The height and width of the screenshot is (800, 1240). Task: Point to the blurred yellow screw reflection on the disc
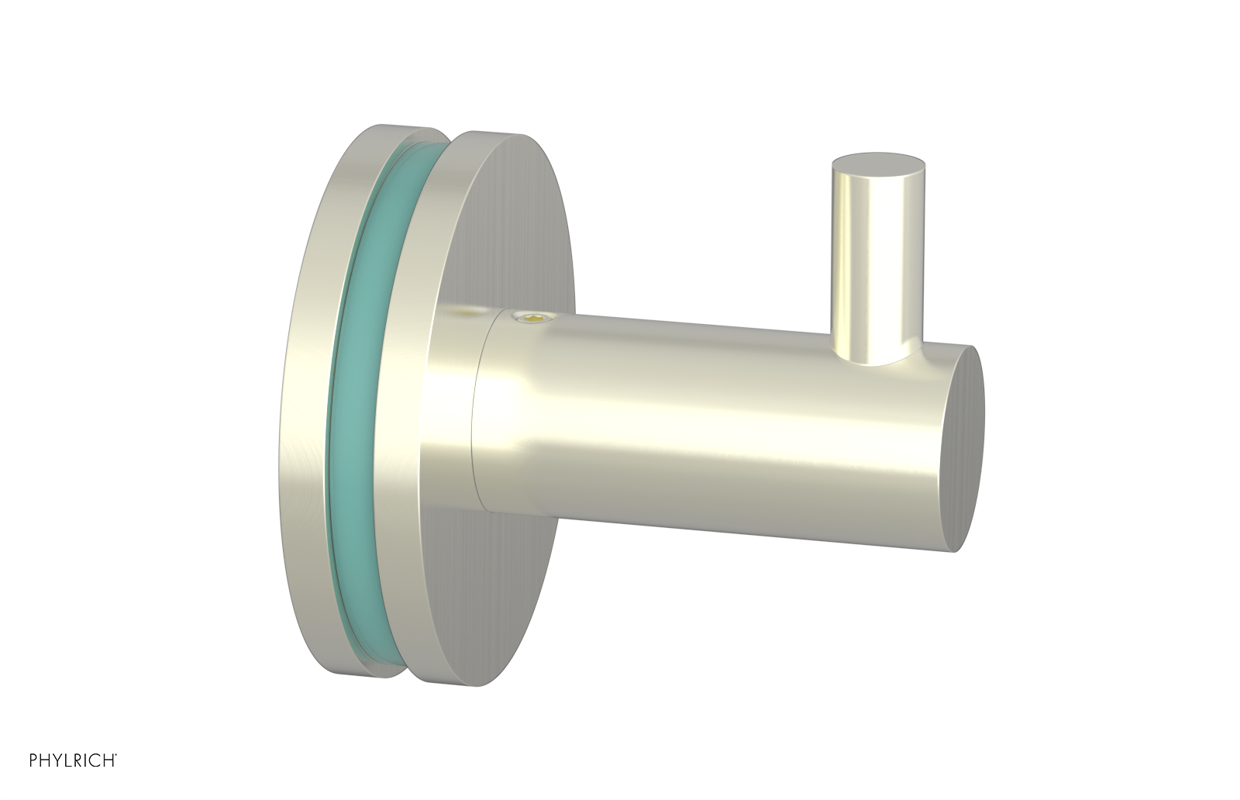click(463, 312)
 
